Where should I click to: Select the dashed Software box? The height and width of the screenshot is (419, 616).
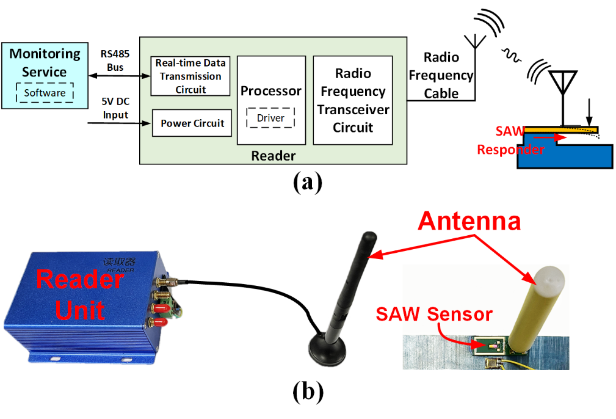(x=45, y=93)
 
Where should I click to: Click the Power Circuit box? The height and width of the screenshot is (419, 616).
(x=192, y=123)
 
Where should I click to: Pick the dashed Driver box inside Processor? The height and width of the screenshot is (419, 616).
(x=270, y=118)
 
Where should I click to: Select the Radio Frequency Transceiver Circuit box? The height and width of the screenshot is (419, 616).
(x=353, y=100)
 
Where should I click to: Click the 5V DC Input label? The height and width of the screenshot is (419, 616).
(x=115, y=109)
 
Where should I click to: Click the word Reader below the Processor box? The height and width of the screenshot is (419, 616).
(x=273, y=156)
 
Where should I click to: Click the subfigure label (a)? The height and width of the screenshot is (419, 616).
(x=306, y=181)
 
